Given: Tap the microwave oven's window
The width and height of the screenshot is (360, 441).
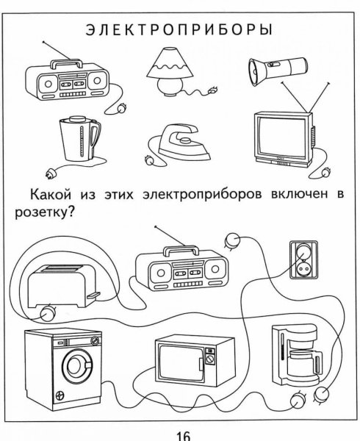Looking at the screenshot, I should tap(179, 362).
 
